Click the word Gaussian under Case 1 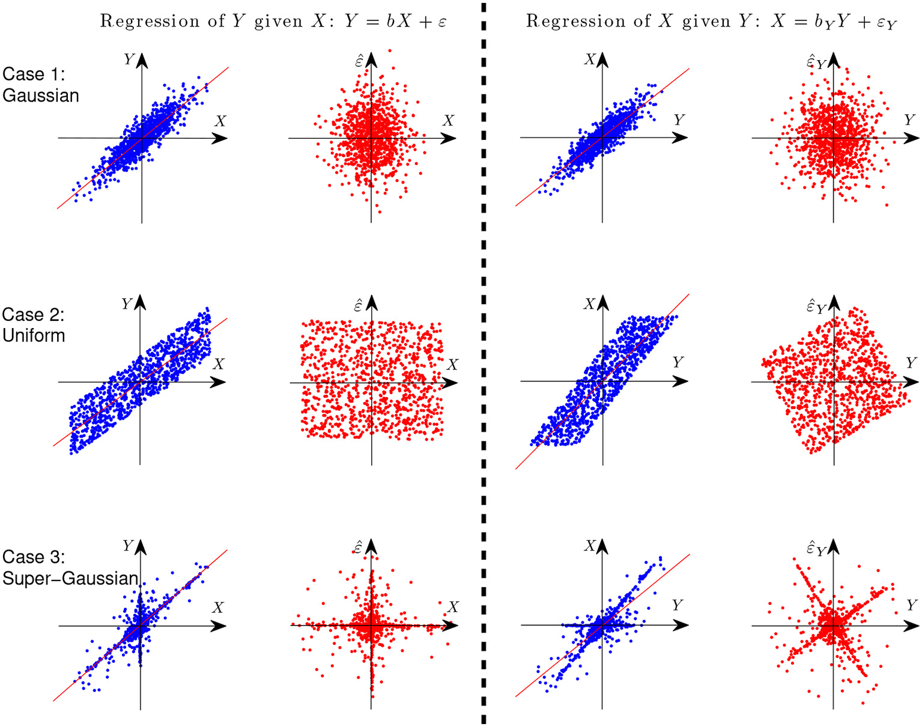pyautogui.click(x=41, y=96)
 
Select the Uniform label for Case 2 pyautogui.click(x=34, y=335)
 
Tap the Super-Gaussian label pyautogui.click(x=70, y=578)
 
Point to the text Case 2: pyautogui.click(x=33, y=315)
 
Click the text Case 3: pyautogui.click(x=33, y=557)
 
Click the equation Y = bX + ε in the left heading pyautogui.click(x=395, y=22)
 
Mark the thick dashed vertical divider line pyautogui.click(x=484, y=360)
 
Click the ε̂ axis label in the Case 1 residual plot pyautogui.click(x=359, y=61)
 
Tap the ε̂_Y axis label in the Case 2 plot pyautogui.click(x=816, y=307)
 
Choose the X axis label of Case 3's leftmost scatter pyautogui.click(x=217, y=607)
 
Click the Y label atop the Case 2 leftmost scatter pyautogui.click(x=127, y=304)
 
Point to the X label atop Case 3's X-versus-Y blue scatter pyautogui.click(x=589, y=546)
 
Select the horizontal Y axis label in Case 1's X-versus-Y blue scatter pyautogui.click(x=679, y=120)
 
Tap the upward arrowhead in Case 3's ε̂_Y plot pyautogui.click(x=833, y=546)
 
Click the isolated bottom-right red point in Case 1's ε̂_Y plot pyautogui.click(x=887, y=205)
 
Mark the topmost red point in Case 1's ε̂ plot pyautogui.click(x=390, y=50)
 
